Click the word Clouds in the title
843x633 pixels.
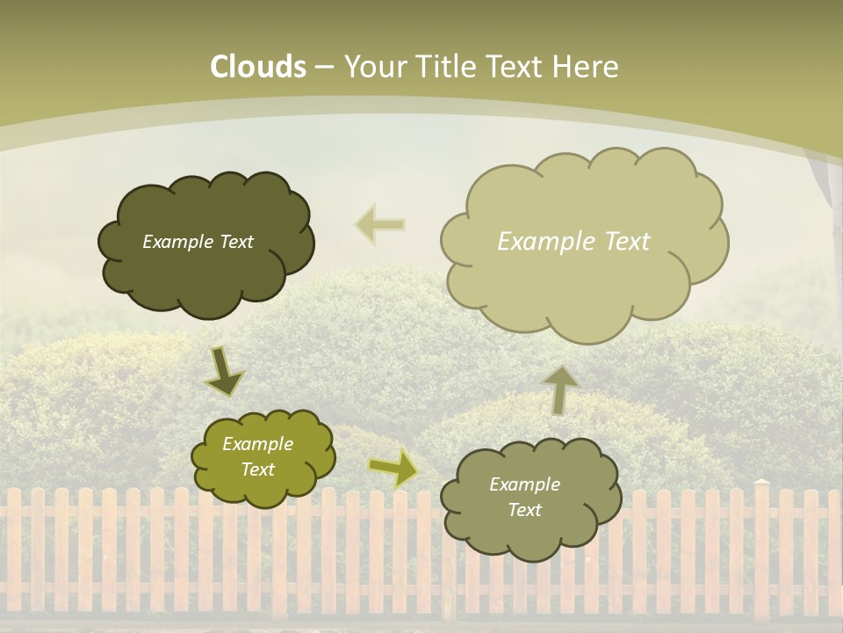(x=258, y=67)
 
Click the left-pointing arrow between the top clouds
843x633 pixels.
(x=380, y=224)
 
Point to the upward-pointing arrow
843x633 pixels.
(x=559, y=389)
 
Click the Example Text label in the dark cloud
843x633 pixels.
(x=198, y=242)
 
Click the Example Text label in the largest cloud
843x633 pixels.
(x=573, y=241)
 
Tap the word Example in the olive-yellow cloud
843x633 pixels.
(x=258, y=444)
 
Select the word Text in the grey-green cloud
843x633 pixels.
(x=524, y=510)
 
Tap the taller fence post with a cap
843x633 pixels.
(x=761, y=545)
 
